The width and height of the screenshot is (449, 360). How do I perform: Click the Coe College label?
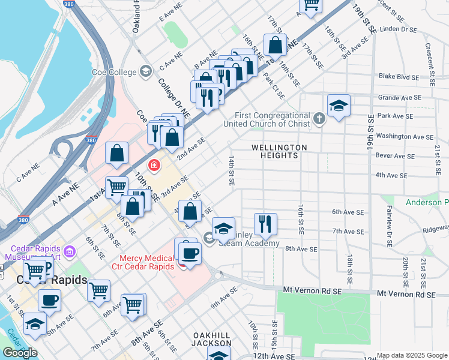coord(114,72)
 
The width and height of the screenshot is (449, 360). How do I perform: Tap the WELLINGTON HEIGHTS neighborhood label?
coord(279,151)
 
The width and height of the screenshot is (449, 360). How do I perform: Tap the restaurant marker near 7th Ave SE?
coord(265,224)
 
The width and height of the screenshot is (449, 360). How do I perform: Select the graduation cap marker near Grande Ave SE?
coord(339,106)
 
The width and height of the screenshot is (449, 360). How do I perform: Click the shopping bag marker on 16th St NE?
coord(275,45)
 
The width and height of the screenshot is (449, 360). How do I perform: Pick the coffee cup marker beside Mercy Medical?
coord(190,252)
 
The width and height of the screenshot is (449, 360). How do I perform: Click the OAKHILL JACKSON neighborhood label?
coord(212,339)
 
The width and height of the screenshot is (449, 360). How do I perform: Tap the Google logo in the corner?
coord(20,353)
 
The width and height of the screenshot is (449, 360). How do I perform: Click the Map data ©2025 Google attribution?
coord(412,356)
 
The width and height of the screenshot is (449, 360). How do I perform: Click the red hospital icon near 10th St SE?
coord(154,165)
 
